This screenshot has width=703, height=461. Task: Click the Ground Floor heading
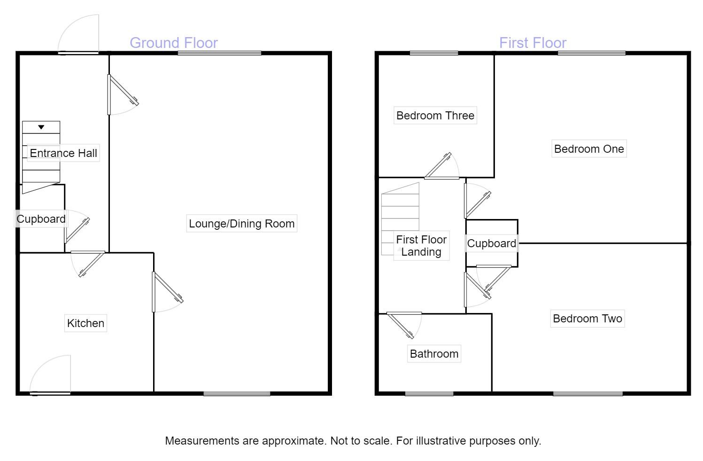coord(173,43)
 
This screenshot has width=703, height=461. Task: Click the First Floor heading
coord(533,43)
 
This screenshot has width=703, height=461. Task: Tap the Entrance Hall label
coord(63,153)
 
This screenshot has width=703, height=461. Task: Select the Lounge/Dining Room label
coord(241,224)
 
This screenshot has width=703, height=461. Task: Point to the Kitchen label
coord(85,323)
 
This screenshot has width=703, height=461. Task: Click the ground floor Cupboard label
coord(41,219)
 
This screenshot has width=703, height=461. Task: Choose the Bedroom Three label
coord(435,116)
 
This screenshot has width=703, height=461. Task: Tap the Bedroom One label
coord(589,149)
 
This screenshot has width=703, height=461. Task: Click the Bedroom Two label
coord(587,319)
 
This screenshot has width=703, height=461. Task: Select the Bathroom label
coord(434,354)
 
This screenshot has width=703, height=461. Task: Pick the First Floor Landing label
coord(421,245)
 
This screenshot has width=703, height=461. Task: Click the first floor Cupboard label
coord(491,243)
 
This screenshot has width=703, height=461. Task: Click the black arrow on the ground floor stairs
coord(41,127)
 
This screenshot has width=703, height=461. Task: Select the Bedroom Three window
coord(433,53)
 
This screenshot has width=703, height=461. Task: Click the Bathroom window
coord(429,394)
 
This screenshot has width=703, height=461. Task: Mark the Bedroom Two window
coord(587,394)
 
